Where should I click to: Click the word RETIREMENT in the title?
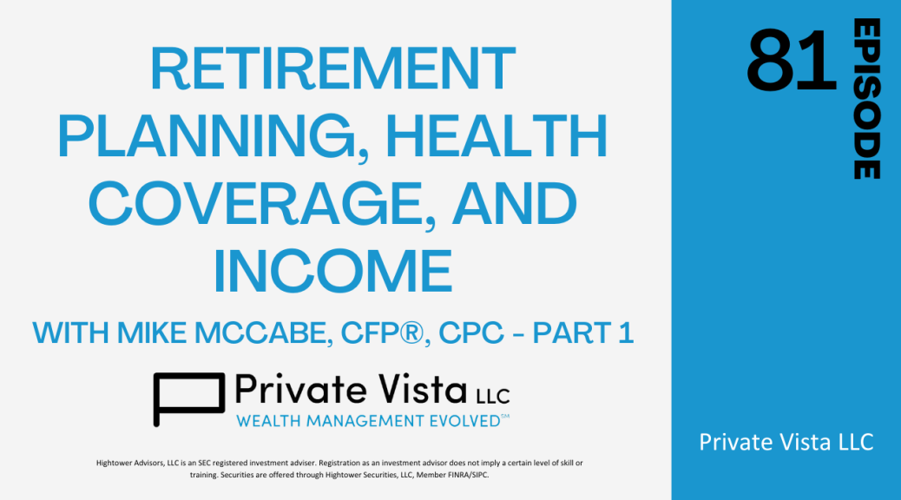(x=332, y=69)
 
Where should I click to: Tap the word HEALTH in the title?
(x=497, y=135)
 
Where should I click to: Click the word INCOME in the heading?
(x=332, y=271)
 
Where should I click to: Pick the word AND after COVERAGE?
(x=514, y=203)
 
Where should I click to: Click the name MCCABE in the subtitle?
(x=264, y=333)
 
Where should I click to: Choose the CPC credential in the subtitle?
(x=471, y=332)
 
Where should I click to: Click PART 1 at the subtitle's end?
(x=583, y=332)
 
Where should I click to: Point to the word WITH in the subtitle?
(x=71, y=332)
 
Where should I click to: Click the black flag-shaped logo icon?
(x=188, y=398)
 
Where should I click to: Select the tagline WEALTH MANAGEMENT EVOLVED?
(x=372, y=421)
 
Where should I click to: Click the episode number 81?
(x=792, y=61)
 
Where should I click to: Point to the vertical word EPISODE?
(x=866, y=98)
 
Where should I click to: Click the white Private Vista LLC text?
(x=786, y=442)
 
